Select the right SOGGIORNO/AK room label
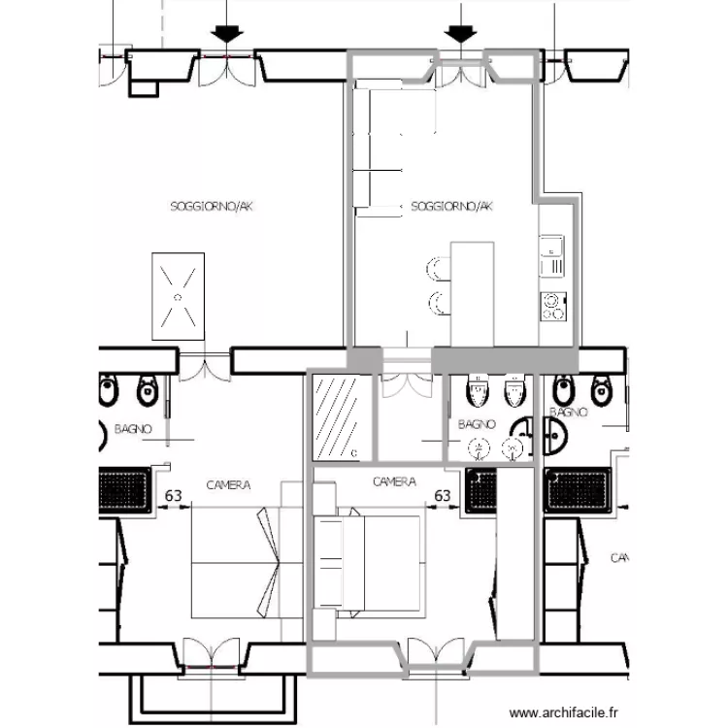(452, 206)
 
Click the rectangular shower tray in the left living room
(178, 296)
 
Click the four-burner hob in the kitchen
(552, 306)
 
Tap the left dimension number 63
(173, 496)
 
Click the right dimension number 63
(442, 496)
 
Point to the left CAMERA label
(229, 484)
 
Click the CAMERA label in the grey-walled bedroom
(394, 481)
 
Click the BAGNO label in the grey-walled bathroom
(477, 424)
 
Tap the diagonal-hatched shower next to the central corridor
(338, 417)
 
